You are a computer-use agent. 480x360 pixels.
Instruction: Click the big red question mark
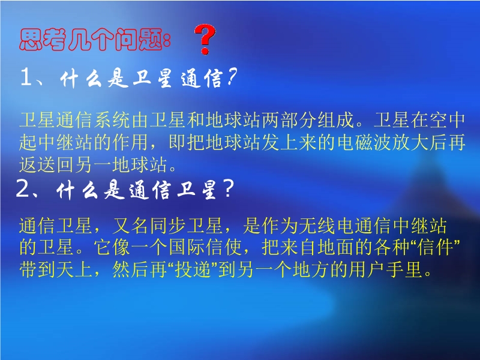coord(205,40)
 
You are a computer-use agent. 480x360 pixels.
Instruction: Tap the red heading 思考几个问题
coord(95,40)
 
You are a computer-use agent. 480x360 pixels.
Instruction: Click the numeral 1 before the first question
coord(26,77)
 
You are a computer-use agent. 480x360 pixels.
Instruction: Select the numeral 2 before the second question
coord(22,188)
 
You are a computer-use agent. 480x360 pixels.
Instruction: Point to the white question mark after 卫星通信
coord(232,77)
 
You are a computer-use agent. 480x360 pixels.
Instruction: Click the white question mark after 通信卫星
coord(229,188)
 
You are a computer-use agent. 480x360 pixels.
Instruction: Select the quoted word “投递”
coord(193,269)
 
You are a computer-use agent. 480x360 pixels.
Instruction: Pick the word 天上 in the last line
coord(74,269)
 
